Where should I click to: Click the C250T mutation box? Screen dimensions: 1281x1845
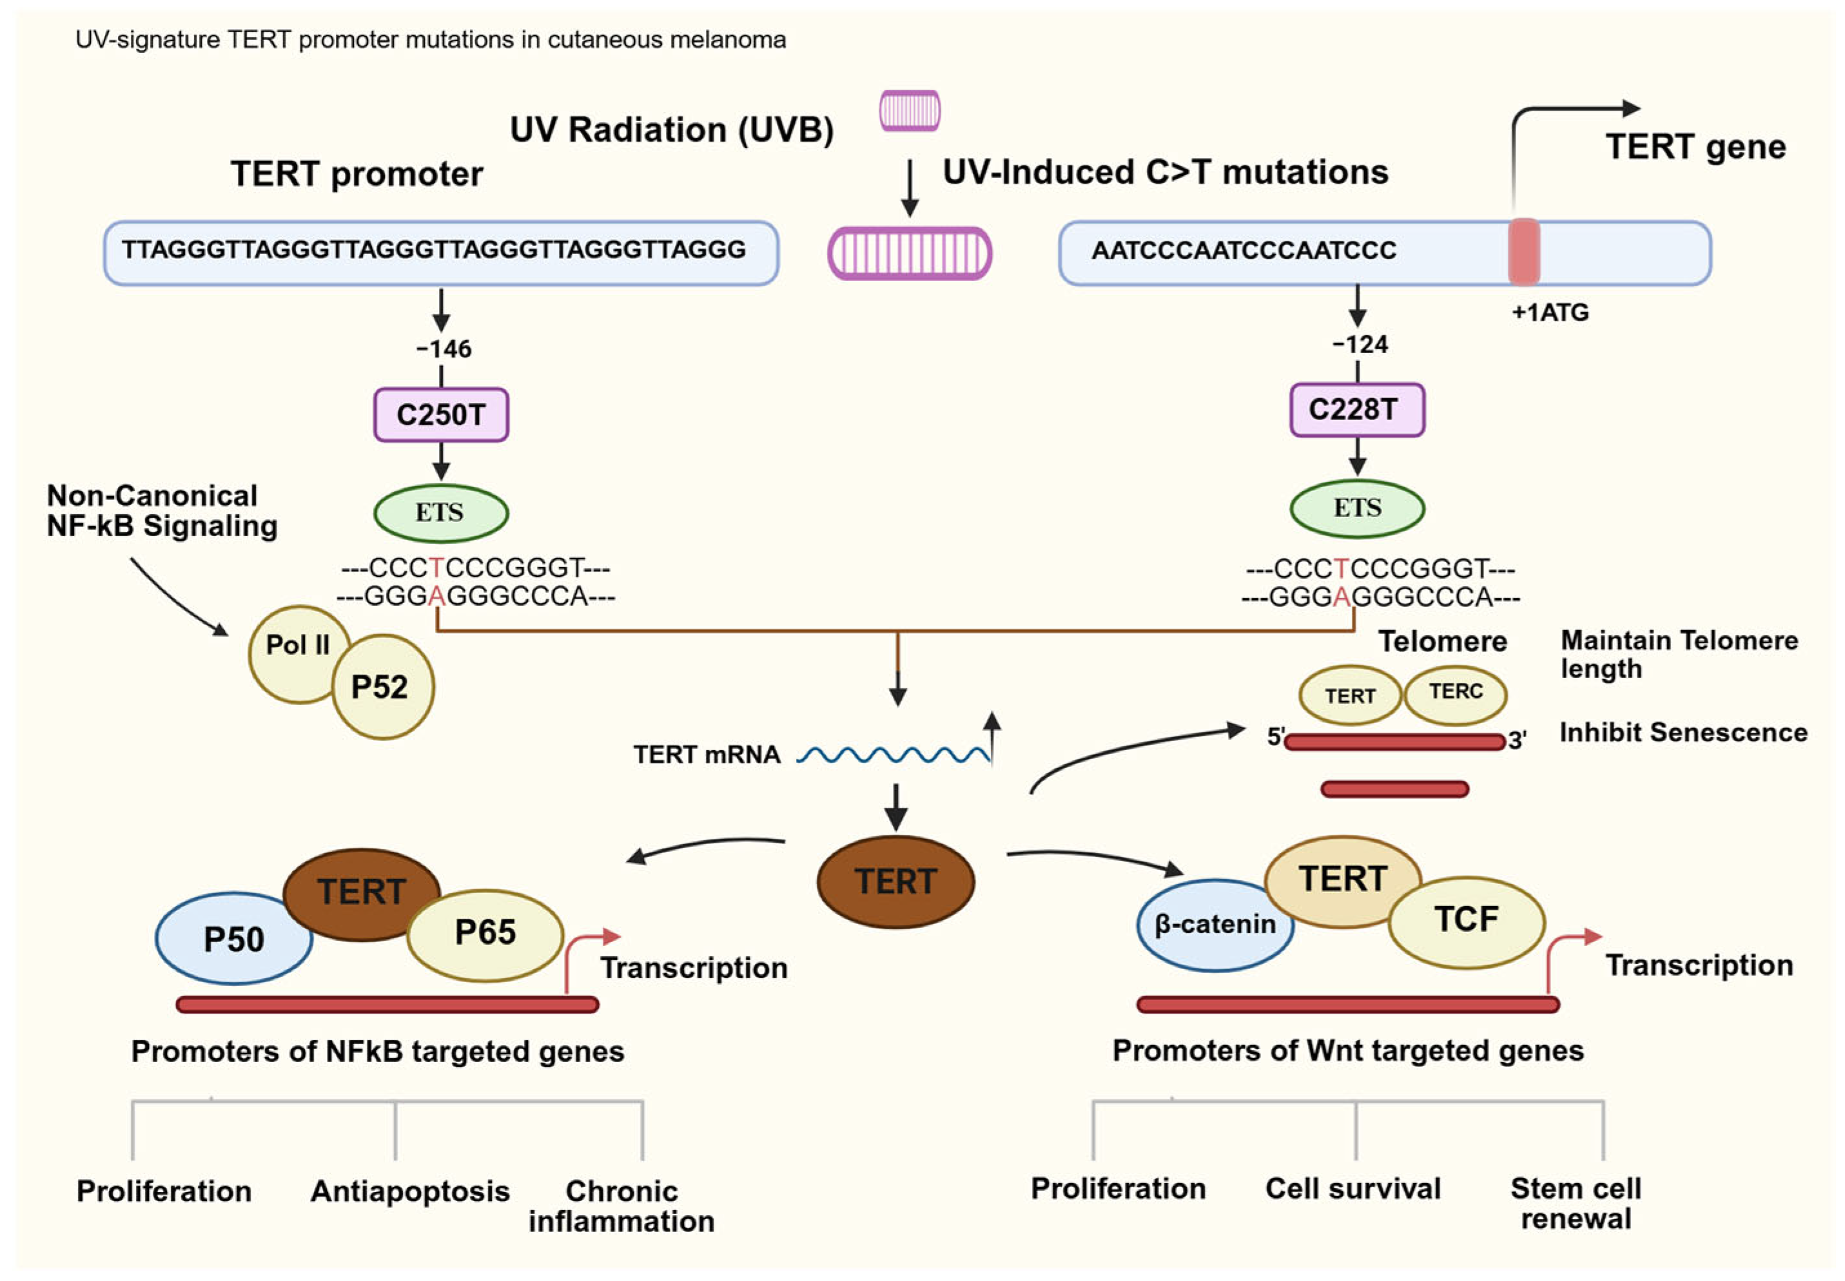coord(441,415)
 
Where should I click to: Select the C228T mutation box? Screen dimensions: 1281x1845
coord(1357,410)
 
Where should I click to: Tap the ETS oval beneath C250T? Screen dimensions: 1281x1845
coord(441,512)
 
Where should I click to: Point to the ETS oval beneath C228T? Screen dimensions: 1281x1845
coord(1357,508)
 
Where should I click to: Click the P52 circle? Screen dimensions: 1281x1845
coord(382,687)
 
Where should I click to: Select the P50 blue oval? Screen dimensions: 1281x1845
coord(233,938)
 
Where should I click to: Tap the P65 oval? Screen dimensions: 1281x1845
coord(485,934)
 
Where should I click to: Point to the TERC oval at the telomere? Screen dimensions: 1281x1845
coord(1456,692)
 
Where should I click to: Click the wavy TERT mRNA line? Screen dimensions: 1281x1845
coord(893,755)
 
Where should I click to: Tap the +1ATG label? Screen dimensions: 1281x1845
coord(1550,313)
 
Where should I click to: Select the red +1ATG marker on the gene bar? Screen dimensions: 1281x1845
coord(1523,252)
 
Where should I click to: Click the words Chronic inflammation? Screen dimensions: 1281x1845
coord(621,1206)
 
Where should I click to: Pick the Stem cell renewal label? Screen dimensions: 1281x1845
coord(1576,1203)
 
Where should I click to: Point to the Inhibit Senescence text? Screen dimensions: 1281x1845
coord(1683,733)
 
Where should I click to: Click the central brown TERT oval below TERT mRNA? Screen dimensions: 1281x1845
coord(895,881)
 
